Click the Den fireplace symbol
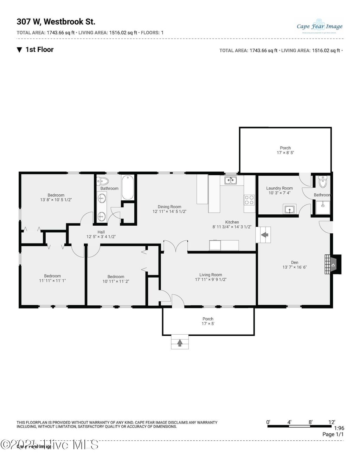pos(333,265)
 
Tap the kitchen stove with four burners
pos(249,200)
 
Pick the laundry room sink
pos(290,209)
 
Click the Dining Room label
pos(169,207)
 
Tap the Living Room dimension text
pos(211,280)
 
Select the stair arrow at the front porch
pos(180,342)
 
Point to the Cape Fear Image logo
pos(319,26)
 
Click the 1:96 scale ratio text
pos(339,428)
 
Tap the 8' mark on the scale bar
pos(310,422)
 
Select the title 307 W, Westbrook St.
pos(56,22)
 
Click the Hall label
pos(101,232)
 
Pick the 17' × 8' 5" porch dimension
pos(285,153)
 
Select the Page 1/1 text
pos(333,434)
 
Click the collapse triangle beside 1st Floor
pos(19,50)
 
